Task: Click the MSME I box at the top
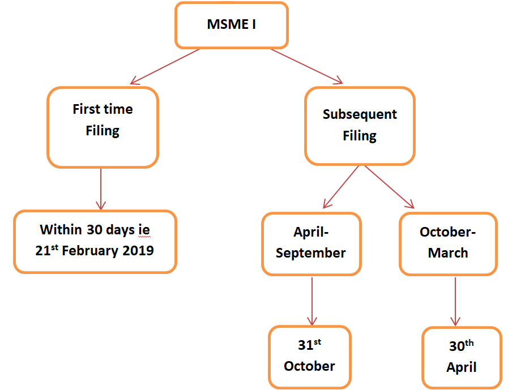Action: pyautogui.click(x=231, y=25)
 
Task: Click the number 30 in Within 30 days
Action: pyautogui.click(x=94, y=230)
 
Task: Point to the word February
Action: pyautogui.click(x=89, y=251)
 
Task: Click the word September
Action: pyautogui.click(x=311, y=254)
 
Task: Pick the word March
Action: pyautogui.click(x=448, y=253)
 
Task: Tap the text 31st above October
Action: pyautogui.click(x=309, y=344)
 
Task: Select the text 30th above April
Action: pyautogui.click(x=462, y=346)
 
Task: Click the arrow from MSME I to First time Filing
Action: pyautogui.click(x=165, y=67)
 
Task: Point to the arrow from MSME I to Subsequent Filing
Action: pyautogui.click(x=307, y=66)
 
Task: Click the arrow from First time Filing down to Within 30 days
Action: pyautogui.click(x=101, y=189)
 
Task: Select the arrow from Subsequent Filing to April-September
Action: pyautogui.click(x=341, y=187)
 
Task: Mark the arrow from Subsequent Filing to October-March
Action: pyautogui.click(x=390, y=187)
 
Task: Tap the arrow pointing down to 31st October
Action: pyautogui.click(x=312, y=301)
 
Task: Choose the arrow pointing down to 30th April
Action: pyautogui.click(x=455, y=302)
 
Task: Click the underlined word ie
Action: pyautogui.click(x=144, y=230)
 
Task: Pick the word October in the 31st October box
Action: pyautogui.click(x=309, y=366)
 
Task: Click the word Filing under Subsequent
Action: pyautogui.click(x=360, y=136)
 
